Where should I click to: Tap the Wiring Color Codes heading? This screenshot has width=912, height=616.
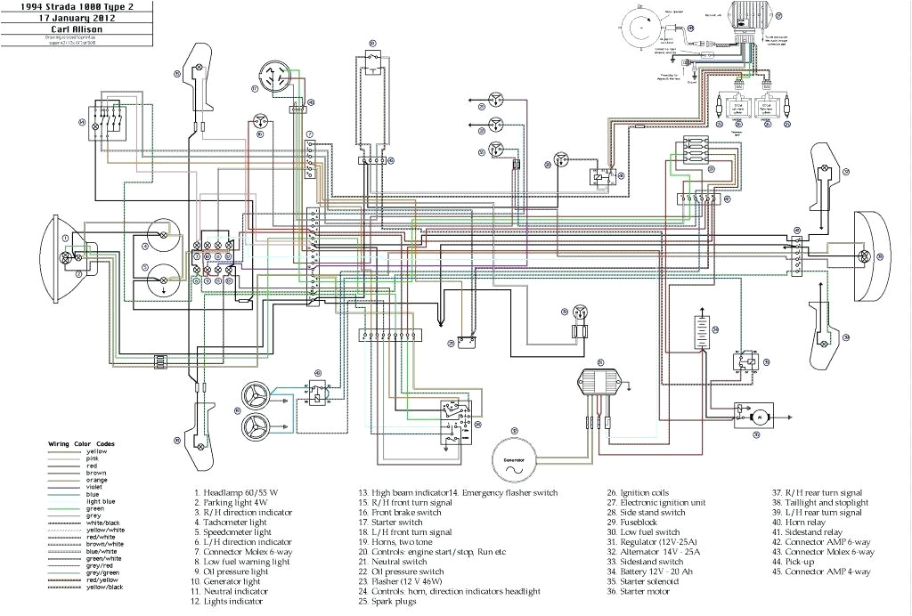point(81,443)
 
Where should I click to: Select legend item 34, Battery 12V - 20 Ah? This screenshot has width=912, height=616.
point(661,571)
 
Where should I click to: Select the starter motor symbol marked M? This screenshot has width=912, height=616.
point(761,416)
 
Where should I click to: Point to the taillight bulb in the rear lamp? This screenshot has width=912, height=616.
point(862,255)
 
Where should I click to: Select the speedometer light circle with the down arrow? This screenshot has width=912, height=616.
point(163,280)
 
